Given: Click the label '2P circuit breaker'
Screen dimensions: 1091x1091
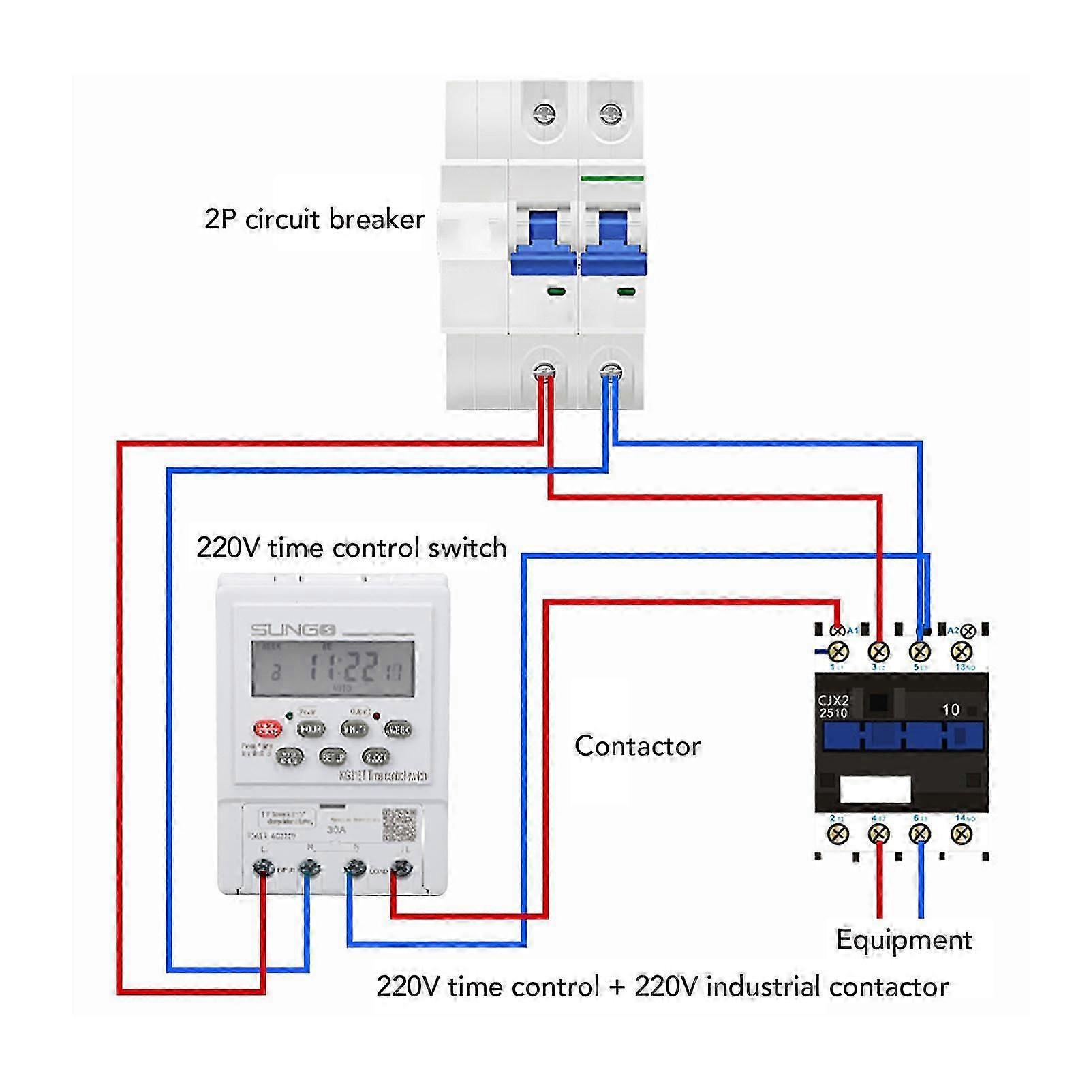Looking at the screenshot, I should pos(314,219).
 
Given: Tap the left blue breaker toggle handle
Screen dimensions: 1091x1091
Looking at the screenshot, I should pos(543,243).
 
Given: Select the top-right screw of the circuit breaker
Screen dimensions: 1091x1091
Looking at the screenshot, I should pos(611,113).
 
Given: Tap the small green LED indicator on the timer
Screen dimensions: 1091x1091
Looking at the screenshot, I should pos(290,716).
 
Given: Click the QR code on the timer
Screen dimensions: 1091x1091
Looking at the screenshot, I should pos(399,824).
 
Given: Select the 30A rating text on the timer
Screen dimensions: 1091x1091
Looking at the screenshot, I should pos(337,830).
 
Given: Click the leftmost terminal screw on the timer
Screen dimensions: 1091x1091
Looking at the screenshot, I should pos(263,867).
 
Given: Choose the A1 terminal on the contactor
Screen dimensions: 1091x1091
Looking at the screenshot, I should pos(838,630).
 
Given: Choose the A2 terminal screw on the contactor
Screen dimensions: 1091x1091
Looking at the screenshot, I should pos(967,632).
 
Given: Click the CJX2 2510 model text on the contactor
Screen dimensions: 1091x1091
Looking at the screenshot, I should pos(833,707).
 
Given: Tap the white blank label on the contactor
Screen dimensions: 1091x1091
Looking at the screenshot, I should pos(875,789).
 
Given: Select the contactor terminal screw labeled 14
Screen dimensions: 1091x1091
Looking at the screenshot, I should pos(962,833).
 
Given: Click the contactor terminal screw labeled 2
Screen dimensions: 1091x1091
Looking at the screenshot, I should pos(838,833).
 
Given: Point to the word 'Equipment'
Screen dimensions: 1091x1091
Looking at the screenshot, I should pos(904,940).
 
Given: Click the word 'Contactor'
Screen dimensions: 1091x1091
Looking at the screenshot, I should pos(637,746).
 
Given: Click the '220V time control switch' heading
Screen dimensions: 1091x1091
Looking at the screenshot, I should pos(351,548).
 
